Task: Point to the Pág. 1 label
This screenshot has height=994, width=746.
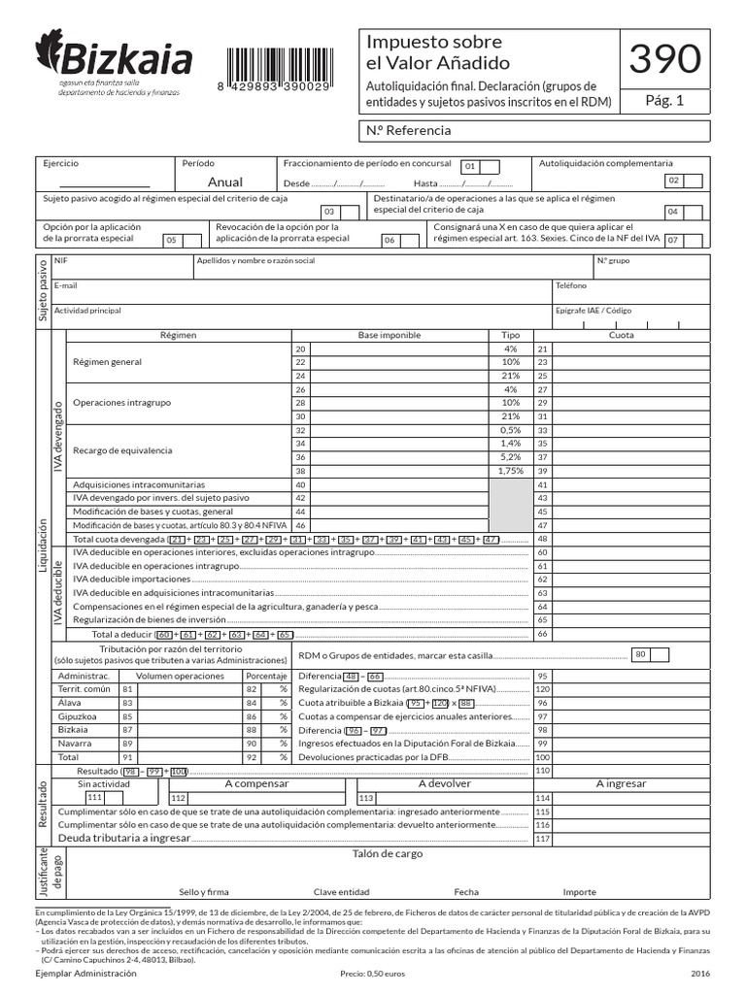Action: click(664, 100)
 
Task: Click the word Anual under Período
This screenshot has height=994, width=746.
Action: click(225, 182)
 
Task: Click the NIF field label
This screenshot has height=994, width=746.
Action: click(61, 261)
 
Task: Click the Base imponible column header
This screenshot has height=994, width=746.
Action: click(389, 335)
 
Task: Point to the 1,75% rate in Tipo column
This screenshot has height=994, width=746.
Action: click(510, 470)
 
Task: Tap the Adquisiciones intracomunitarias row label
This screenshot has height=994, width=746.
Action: click(139, 483)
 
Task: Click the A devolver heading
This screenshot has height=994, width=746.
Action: click(444, 783)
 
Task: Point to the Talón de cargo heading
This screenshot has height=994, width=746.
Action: click(388, 854)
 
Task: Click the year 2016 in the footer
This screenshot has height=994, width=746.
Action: click(699, 973)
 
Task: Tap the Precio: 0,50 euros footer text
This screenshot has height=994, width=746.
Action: click(373, 973)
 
